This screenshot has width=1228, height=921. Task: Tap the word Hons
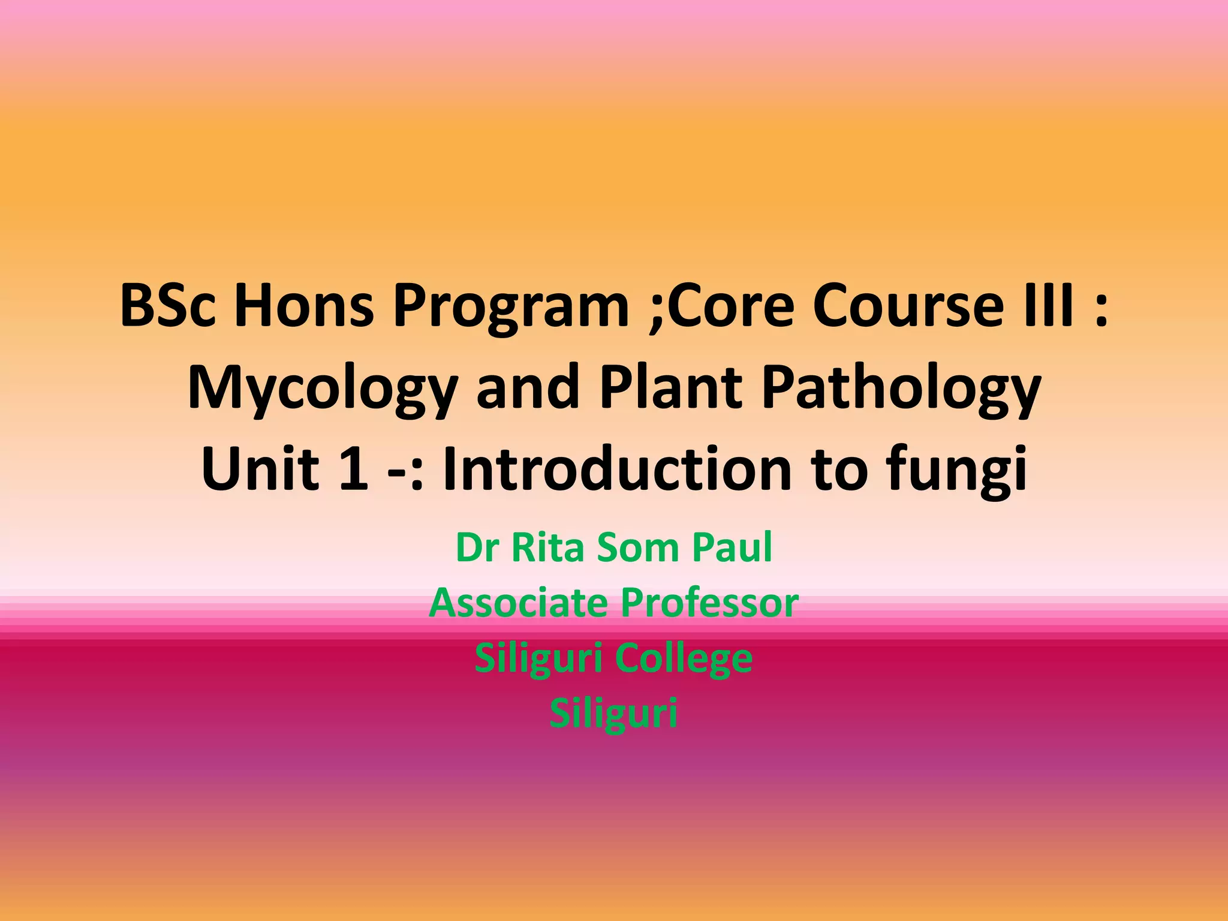coord(303,306)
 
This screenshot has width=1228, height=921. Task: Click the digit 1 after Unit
coord(353,469)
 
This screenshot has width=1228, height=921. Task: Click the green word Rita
coord(547,547)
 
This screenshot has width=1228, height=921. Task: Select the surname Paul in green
coord(732,547)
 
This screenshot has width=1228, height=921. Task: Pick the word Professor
coord(709,603)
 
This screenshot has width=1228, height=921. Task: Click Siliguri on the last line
coord(613,714)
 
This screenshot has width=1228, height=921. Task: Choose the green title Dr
coord(477,547)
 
